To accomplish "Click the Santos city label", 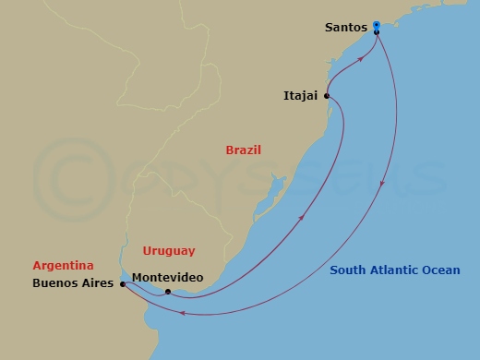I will pyautogui.click(x=346, y=28).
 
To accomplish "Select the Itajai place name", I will pyautogui.click(x=302, y=95).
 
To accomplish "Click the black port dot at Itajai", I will pyautogui.click(x=327, y=95).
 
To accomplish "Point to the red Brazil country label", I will pyautogui.click(x=244, y=150).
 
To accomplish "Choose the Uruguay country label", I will pyautogui.click(x=169, y=250).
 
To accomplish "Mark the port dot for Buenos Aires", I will pyautogui.click(x=122, y=284).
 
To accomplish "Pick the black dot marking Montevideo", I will pyautogui.click(x=168, y=292).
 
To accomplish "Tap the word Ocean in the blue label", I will pyautogui.click(x=447, y=270).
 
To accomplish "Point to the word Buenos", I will pyautogui.click(x=53, y=284).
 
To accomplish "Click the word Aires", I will pyautogui.click(x=99, y=284).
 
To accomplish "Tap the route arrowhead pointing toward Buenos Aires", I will pyautogui.click(x=182, y=314).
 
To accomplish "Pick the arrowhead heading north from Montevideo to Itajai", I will pyautogui.click(x=303, y=218).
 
